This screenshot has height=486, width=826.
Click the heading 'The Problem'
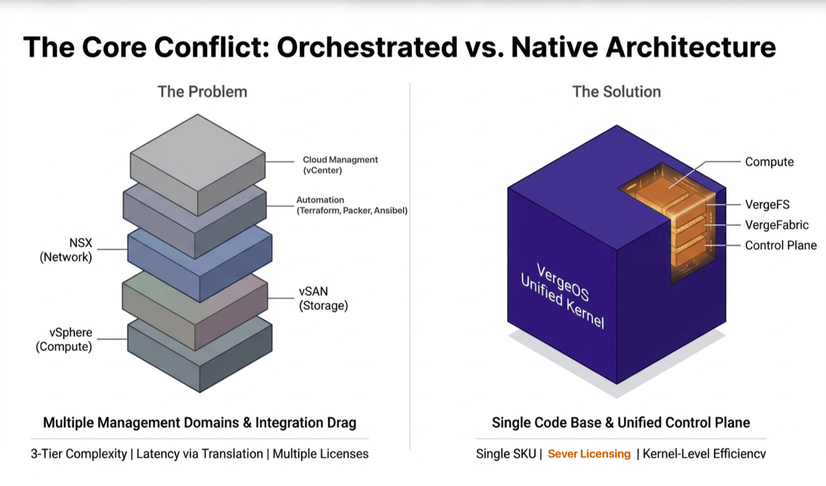coord(202,92)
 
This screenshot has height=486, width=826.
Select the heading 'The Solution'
coord(617,92)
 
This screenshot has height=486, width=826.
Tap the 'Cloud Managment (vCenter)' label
coord(340,165)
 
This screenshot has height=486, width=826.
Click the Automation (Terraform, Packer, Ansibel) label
coord(352,205)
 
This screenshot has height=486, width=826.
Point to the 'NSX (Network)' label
coord(66,251)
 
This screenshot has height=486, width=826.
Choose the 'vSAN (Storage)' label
coord(323,299)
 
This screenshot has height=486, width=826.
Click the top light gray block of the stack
coord(198,156)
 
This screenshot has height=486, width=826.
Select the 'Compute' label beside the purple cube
coord(769,162)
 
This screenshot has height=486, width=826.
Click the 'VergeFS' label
coord(767,205)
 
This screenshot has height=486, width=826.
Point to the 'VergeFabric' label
coord(776,225)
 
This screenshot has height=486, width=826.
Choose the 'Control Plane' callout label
coord(781,245)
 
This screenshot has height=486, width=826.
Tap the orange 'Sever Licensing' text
coord(589,454)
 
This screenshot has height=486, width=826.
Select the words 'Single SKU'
coord(505,454)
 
